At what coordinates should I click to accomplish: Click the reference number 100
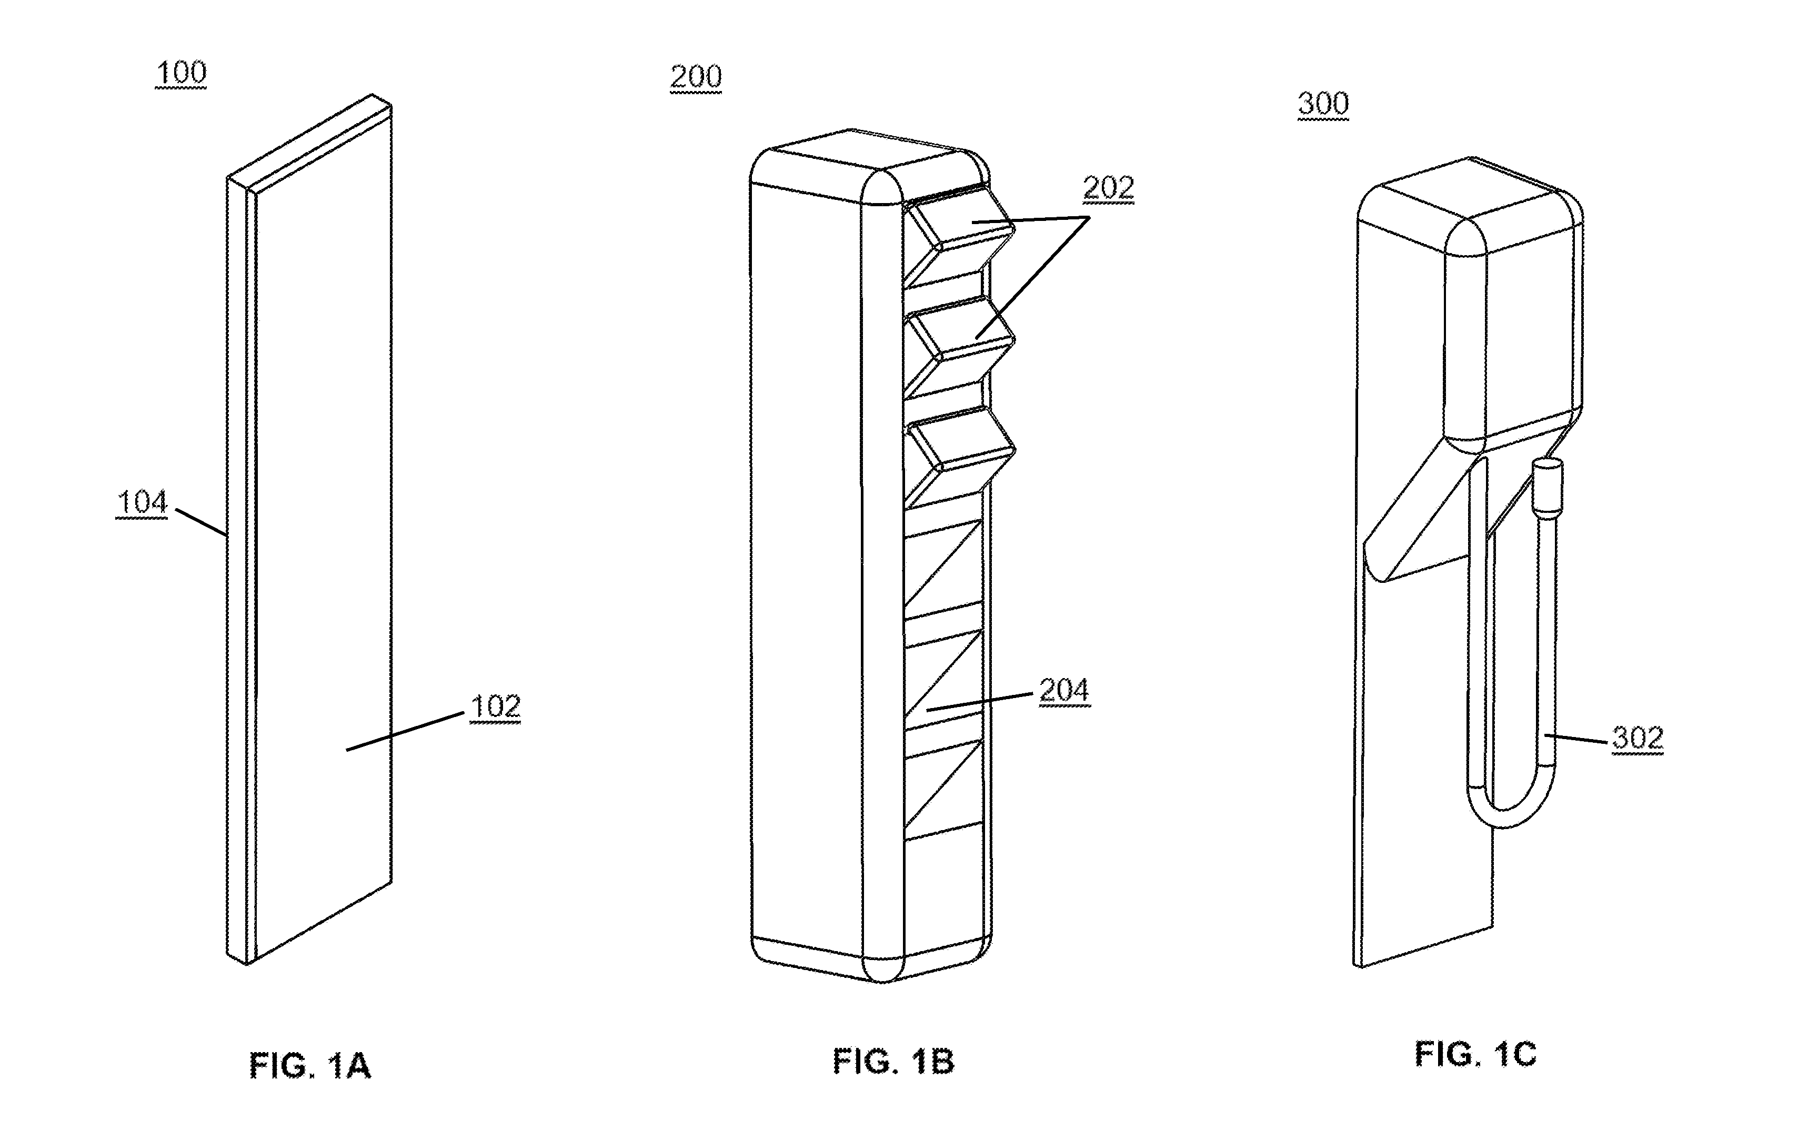pos(180,73)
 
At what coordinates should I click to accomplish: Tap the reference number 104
pos(142,502)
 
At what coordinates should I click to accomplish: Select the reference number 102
pos(495,706)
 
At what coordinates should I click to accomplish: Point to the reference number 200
pos(696,77)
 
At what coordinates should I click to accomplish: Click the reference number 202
pos(1109,187)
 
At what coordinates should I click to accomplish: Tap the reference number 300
pos(1323,104)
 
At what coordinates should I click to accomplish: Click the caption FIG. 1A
pos(310,1065)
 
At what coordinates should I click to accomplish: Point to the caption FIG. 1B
pos(894,1062)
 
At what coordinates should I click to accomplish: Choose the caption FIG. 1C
pos(1475,1055)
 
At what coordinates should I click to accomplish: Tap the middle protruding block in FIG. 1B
pos(959,347)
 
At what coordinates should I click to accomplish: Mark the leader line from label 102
pos(406,732)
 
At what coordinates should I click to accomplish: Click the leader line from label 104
pos(200,522)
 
